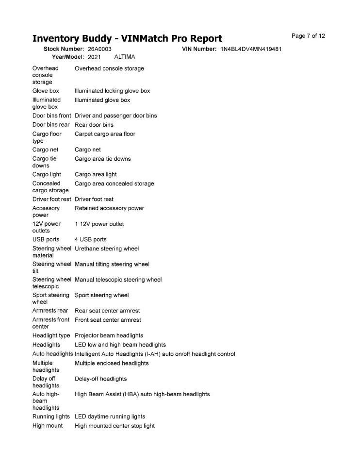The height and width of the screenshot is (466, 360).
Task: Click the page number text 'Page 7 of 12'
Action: point(308,36)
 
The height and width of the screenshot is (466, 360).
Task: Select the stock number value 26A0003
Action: point(99,49)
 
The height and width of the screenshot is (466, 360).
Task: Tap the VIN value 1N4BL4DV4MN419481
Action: point(251,49)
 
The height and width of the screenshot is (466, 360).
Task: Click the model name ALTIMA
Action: point(124,57)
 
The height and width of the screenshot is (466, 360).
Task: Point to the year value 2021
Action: point(94,57)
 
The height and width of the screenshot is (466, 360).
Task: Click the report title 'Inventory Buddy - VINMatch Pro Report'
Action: point(127,38)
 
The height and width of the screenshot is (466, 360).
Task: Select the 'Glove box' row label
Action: point(46,91)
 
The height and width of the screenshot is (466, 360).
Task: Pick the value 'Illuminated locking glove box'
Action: point(112,91)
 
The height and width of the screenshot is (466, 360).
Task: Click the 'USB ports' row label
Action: point(46,239)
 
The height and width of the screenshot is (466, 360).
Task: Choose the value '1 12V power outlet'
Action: point(99,224)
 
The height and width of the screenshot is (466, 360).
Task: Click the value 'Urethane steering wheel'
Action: point(107,249)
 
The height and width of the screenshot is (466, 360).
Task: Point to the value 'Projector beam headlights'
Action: point(109,335)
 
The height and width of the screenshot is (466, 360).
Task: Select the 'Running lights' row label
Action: point(51,416)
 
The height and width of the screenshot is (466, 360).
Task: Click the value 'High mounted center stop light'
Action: point(115,426)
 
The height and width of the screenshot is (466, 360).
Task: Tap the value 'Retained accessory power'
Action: point(109,208)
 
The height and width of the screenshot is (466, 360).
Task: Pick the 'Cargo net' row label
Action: point(45,150)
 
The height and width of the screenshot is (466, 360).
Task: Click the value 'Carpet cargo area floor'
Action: point(105,134)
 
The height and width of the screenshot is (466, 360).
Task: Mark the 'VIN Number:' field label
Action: point(199,49)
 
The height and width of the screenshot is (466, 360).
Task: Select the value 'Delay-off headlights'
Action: point(100,379)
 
